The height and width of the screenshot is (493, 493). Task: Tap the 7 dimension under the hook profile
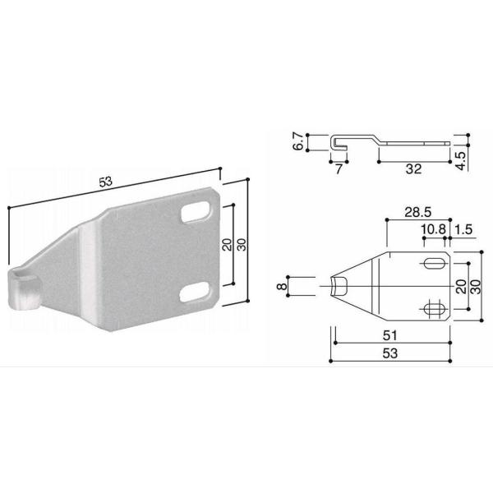coord(339,169)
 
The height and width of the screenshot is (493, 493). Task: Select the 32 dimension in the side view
coord(413,169)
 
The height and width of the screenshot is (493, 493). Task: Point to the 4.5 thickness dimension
coord(461,161)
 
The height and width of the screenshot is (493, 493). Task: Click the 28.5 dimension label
coord(418,212)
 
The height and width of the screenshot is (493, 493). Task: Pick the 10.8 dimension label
coord(434,229)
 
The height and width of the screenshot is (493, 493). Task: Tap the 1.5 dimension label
coord(463,229)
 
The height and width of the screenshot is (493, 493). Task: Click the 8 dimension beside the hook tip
coord(283,286)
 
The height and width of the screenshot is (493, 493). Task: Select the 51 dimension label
coord(389,335)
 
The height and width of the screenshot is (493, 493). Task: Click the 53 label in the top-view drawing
coord(389,353)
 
